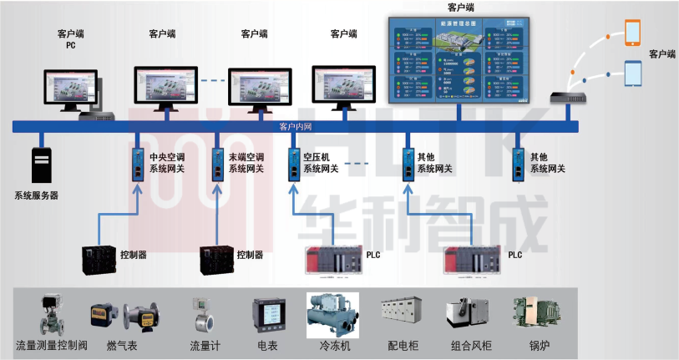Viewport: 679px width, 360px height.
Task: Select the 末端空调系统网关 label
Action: tap(248, 163)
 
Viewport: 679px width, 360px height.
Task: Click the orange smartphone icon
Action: tap(632, 33)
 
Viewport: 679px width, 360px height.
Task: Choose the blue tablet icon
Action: tap(633, 74)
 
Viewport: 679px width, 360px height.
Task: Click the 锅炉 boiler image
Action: tap(533, 315)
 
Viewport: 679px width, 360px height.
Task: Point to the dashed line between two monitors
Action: tap(213, 81)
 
